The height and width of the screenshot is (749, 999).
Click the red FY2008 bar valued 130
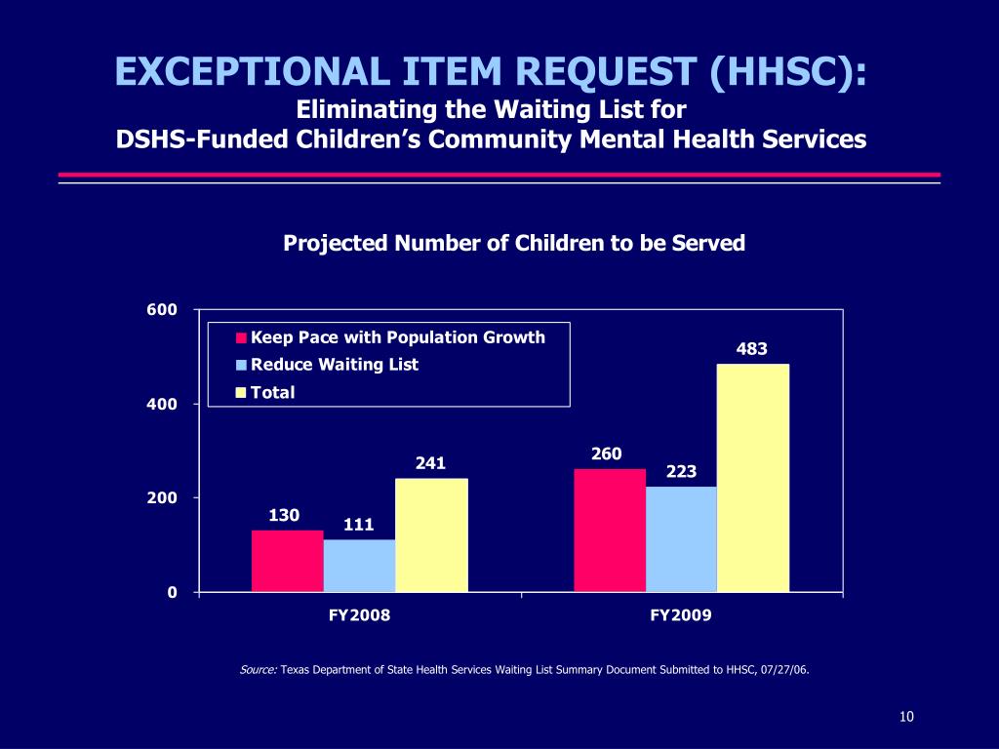[287, 561]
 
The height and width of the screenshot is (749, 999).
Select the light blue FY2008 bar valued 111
[359, 566]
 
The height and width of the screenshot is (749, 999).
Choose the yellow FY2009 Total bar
[752, 478]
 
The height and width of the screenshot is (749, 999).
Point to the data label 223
[681, 472]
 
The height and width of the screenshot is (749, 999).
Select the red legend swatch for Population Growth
[241, 339]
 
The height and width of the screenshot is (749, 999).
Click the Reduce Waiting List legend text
[335, 365]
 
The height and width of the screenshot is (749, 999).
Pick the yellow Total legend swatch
[241, 393]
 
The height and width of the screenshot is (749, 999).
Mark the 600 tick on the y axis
[162, 310]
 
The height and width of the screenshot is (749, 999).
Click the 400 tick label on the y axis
[162, 404]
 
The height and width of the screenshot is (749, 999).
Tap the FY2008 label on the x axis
[359, 615]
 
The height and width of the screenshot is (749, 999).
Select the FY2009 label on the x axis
[681, 615]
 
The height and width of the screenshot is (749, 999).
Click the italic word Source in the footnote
[258, 670]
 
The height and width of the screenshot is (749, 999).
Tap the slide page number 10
[906, 718]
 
